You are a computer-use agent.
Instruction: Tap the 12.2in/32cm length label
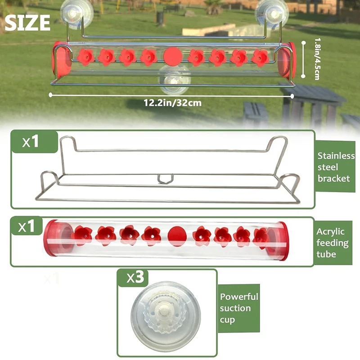[x=172, y=102]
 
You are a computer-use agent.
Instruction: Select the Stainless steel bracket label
[x=336, y=167]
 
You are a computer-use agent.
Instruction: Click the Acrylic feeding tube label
[x=332, y=243]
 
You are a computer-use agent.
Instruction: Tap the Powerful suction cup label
[x=238, y=308]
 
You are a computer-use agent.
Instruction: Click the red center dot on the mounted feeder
[x=172, y=56]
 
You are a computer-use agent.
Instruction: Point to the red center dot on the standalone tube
[x=176, y=235]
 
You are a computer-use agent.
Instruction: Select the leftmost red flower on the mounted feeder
[x=85, y=57]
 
